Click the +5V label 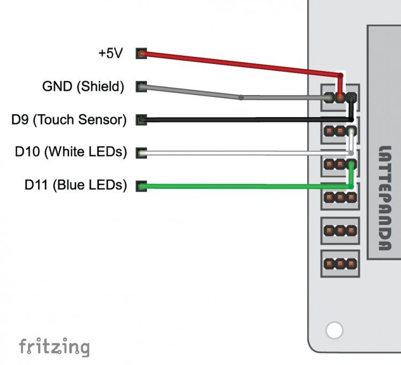pos(110,54)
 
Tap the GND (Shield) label pos(83,86)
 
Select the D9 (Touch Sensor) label pos(69,120)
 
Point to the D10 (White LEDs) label pos(71,152)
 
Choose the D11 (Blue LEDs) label pos(76,186)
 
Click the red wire pos(241,63)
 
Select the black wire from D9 pos(241,120)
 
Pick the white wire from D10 pos(241,154)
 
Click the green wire pos(241,186)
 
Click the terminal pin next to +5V pos(141,54)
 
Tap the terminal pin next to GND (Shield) pos(141,86)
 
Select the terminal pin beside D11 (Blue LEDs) pos(141,186)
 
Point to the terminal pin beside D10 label pos(141,153)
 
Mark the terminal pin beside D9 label pos(141,120)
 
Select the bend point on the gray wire pos(241,98)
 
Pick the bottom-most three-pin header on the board pos(339,264)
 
